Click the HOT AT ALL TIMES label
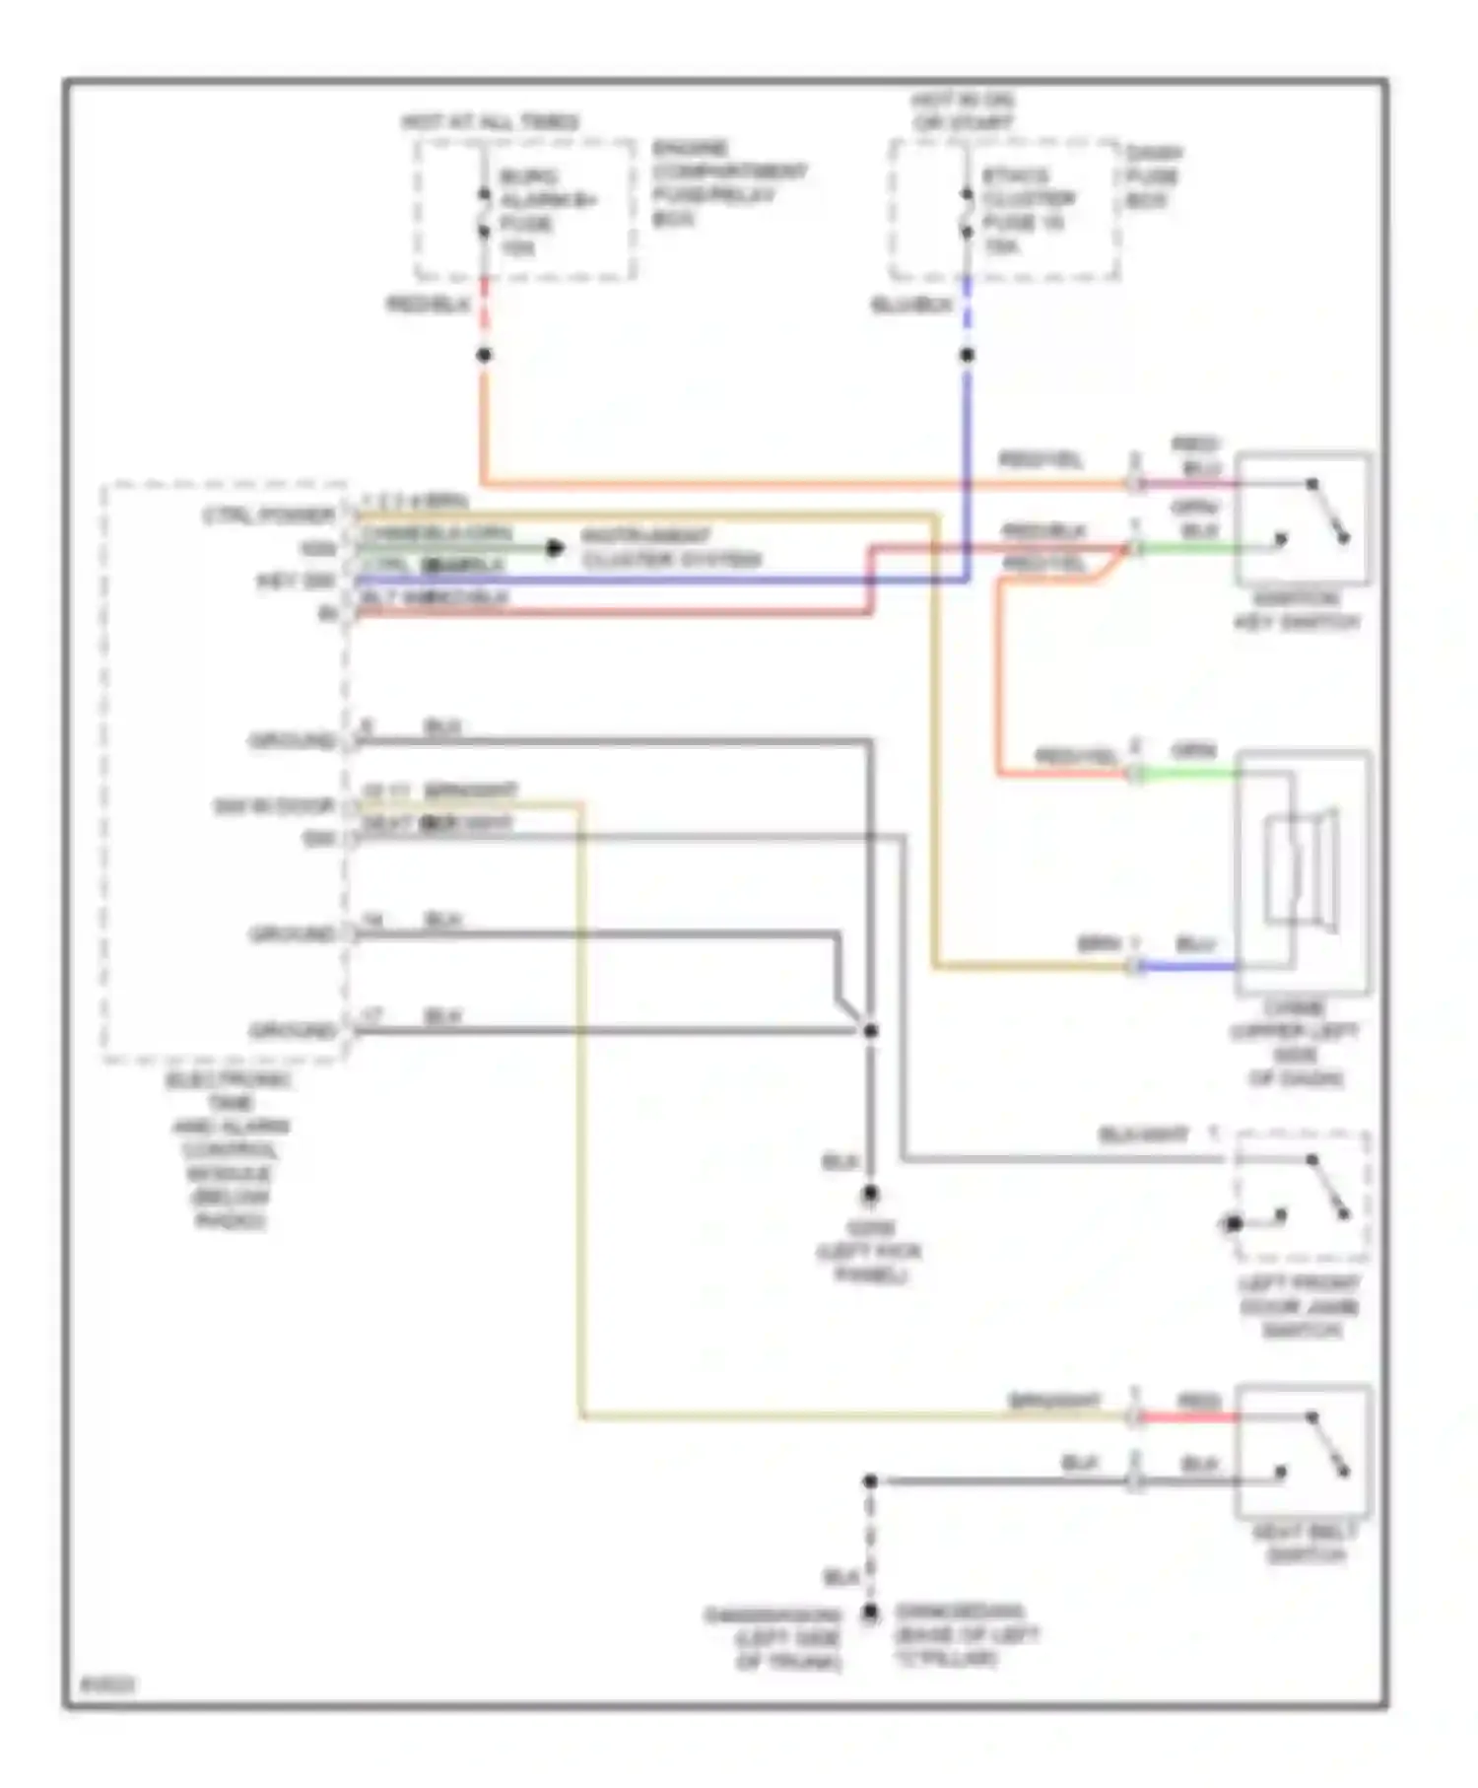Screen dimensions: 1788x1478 pyautogui.click(x=490, y=122)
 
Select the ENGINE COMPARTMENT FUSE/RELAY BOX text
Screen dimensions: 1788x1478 pyautogui.click(x=728, y=183)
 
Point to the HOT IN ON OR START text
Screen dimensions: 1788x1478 pyautogui.click(x=962, y=111)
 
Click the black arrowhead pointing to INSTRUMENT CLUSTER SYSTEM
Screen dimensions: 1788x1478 pyautogui.click(x=556, y=548)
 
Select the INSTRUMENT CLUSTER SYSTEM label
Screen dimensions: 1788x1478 pyautogui.click(x=671, y=548)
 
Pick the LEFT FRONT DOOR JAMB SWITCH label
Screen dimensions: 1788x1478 pyautogui.click(x=1299, y=1307)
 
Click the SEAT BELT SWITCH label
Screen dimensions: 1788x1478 pyautogui.click(x=1305, y=1544)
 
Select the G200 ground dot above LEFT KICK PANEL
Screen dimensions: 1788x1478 pyautogui.click(x=870, y=1195)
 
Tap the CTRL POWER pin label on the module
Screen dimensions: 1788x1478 pyautogui.click(x=268, y=516)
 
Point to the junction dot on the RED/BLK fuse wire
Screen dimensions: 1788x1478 pyautogui.click(x=484, y=355)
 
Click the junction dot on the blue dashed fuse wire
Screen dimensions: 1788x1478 pyautogui.click(x=967, y=355)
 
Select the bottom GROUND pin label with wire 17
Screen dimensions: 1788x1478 pyautogui.click(x=293, y=1031)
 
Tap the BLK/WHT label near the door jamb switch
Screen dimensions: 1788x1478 pyautogui.click(x=1143, y=1135)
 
